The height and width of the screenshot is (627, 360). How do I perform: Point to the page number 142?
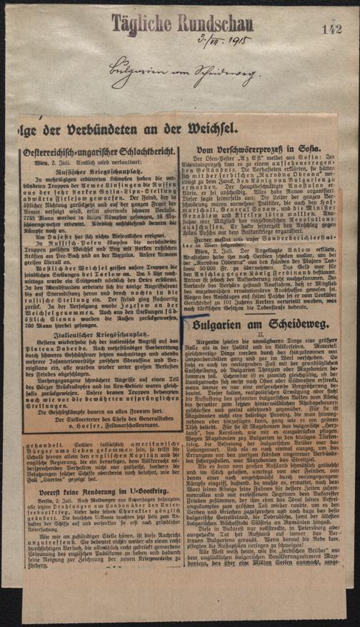(x=333, y=29)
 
